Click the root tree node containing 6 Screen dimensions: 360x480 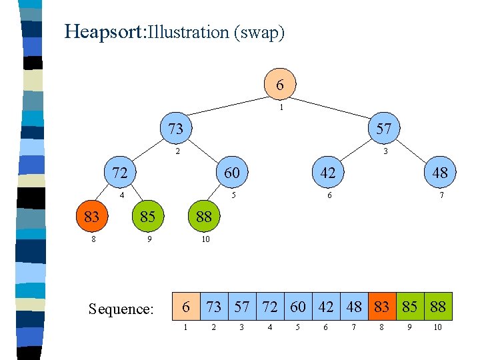tap(280, 85)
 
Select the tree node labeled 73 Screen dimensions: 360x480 tap(176, 128)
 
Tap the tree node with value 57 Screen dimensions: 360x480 tap(383, 128)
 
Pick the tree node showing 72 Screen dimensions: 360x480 tap(120, 173)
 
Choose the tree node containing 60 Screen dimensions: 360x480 tap(231, 173)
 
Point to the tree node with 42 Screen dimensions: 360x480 tap(327, 173)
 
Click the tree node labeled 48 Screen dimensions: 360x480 tap(439, 173)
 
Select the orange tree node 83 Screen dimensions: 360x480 tap(92, 217)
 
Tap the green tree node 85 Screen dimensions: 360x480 tap(148, 217)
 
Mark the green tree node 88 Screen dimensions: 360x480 tap(204, 217)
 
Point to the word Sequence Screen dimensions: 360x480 tap(121, 309)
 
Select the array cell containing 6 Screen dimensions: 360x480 tap(186, 307)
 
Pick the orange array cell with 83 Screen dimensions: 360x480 tap(382, 307)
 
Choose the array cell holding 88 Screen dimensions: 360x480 tap(438, 307)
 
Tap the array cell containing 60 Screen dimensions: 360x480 tap(298, 307)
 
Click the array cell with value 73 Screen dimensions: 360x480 tap(214, 307)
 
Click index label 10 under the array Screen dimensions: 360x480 tap(438, 327)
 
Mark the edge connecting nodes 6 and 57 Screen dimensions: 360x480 tap(333, 107)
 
